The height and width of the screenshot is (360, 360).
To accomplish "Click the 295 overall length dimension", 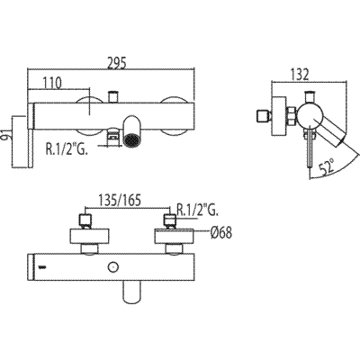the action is [117, 62].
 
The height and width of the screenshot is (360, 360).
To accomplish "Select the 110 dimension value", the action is [52, 83].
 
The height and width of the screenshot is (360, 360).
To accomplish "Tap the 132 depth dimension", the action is [300, 75].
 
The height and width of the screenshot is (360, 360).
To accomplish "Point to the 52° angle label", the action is [326, 166].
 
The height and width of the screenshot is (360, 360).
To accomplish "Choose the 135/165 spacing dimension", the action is [120, 200].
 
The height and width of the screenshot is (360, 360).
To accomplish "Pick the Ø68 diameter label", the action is [221, 232].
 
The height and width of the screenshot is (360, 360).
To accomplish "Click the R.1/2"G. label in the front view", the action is [67, 148].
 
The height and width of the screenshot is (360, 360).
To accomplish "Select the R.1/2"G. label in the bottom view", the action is [198, 210].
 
